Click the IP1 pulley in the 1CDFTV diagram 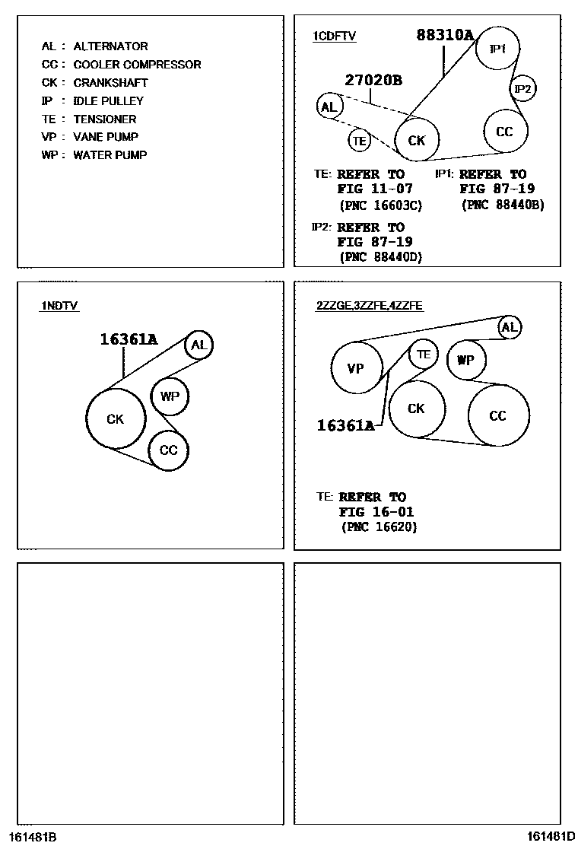pos(497,49)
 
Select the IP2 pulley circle pos(523,89)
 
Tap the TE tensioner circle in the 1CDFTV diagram pos(360,140)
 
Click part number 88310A pos(445,34)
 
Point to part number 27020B pos(373,80)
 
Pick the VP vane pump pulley pos(356,369)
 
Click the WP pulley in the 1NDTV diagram pos(170,396)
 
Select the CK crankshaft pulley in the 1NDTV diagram pos(115,418)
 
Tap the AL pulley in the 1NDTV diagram pos(199,345)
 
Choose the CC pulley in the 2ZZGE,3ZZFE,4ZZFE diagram pos(498,415)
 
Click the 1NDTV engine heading pos(60,306)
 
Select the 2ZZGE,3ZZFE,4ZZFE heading pos(370,306)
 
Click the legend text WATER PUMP pos(110,155)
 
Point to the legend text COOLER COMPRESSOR pos(137,65)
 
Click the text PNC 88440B pos(503,205)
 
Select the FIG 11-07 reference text pos(375,189)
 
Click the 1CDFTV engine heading pos(335,36)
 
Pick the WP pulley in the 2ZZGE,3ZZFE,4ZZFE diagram pos(465,360)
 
